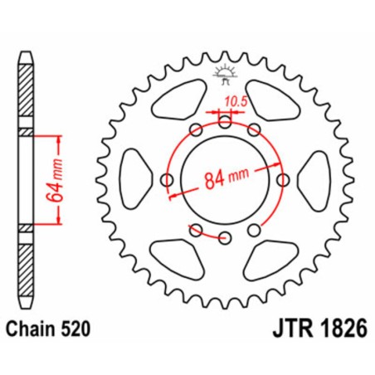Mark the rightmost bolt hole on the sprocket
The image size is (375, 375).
pos(284,180)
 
